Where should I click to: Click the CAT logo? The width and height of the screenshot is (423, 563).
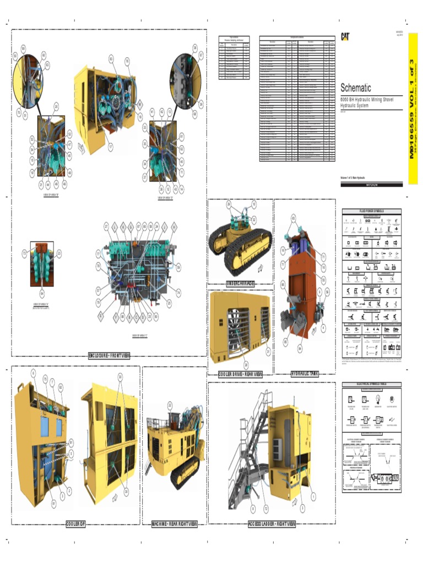tap(345, 36)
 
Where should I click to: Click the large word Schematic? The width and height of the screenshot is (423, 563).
tap(356, 88)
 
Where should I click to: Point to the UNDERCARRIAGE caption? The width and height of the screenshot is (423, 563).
tap(241, 283)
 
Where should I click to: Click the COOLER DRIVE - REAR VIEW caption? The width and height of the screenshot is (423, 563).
tap(240, 374)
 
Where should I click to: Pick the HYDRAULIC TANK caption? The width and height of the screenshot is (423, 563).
tap(305, 374)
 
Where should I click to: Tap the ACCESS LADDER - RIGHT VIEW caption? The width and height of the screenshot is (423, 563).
tap(272, 523)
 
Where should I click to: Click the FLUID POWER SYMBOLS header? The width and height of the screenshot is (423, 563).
tap(372, 211)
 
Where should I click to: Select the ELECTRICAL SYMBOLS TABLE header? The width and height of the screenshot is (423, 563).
tap(372, 384)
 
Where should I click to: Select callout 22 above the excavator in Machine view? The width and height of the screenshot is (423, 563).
tap(170, 405)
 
